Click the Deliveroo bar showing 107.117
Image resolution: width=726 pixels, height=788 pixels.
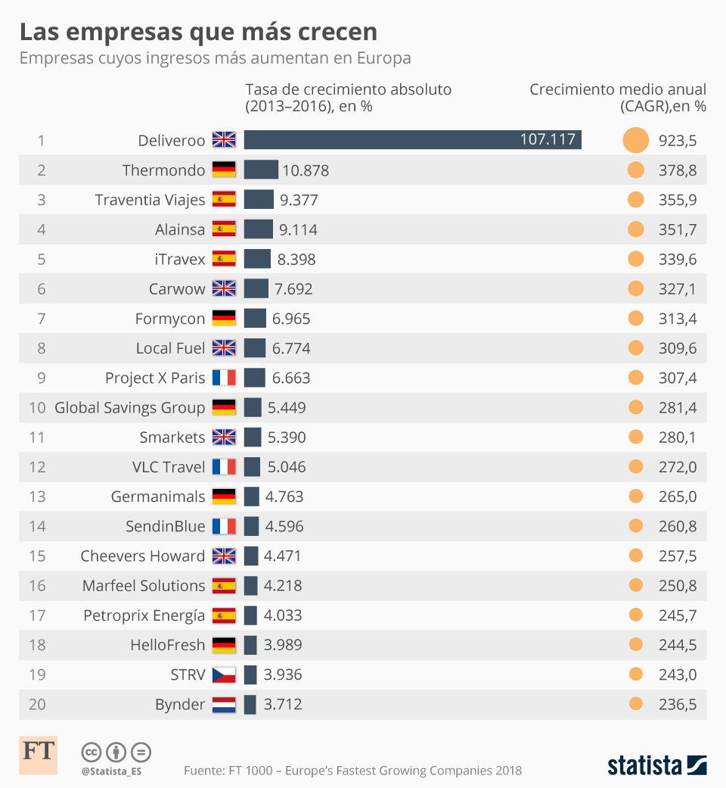pyautogui.click(x=412, y=140)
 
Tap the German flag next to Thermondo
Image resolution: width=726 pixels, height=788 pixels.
pyautogui.click(x=224, y=170)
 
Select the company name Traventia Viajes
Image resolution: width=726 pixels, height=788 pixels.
pyautogui.click(x=150, y=200)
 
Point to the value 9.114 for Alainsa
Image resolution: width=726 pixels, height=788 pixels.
pyautogui.click(x=298, y=229)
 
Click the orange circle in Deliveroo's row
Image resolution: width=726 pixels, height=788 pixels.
pyautogui.click(x=636, y=140)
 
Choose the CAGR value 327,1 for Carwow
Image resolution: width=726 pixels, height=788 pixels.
pyautogui.click(x=678, y=288)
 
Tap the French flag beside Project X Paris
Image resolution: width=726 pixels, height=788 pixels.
pyautogui.click(x=224, y=378)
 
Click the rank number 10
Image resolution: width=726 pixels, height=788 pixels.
pyautogui.click(x=37, y=407)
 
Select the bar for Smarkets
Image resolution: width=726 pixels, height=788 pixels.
pyautogui.click(x=253, y=437)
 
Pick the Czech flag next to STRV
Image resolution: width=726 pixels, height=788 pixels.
pyautogui.click(x=224, y=674)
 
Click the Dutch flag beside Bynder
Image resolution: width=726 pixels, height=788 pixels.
pyautogui.click(x=224, y=704)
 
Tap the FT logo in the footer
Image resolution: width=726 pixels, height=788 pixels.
pyautogui.click(x=38, y=754)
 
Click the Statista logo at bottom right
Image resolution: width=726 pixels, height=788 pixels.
pyautogui.click(x=656, y=765)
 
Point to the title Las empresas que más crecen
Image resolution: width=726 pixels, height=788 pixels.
pyautogui.click(x=198, y=32)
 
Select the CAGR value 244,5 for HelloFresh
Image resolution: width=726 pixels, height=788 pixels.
pyautogui.click(x=678, y=645)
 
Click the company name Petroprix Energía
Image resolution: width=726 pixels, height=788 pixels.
pyautogui.click(x=144, y=615)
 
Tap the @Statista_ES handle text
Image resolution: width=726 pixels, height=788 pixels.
pyautogui.click(x=111, y=771)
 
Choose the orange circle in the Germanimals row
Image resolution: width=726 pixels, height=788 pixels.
pyautogui.click(x=636, y=497)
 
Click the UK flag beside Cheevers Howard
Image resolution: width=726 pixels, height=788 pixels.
pyautogui.click(x=224, y=556)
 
